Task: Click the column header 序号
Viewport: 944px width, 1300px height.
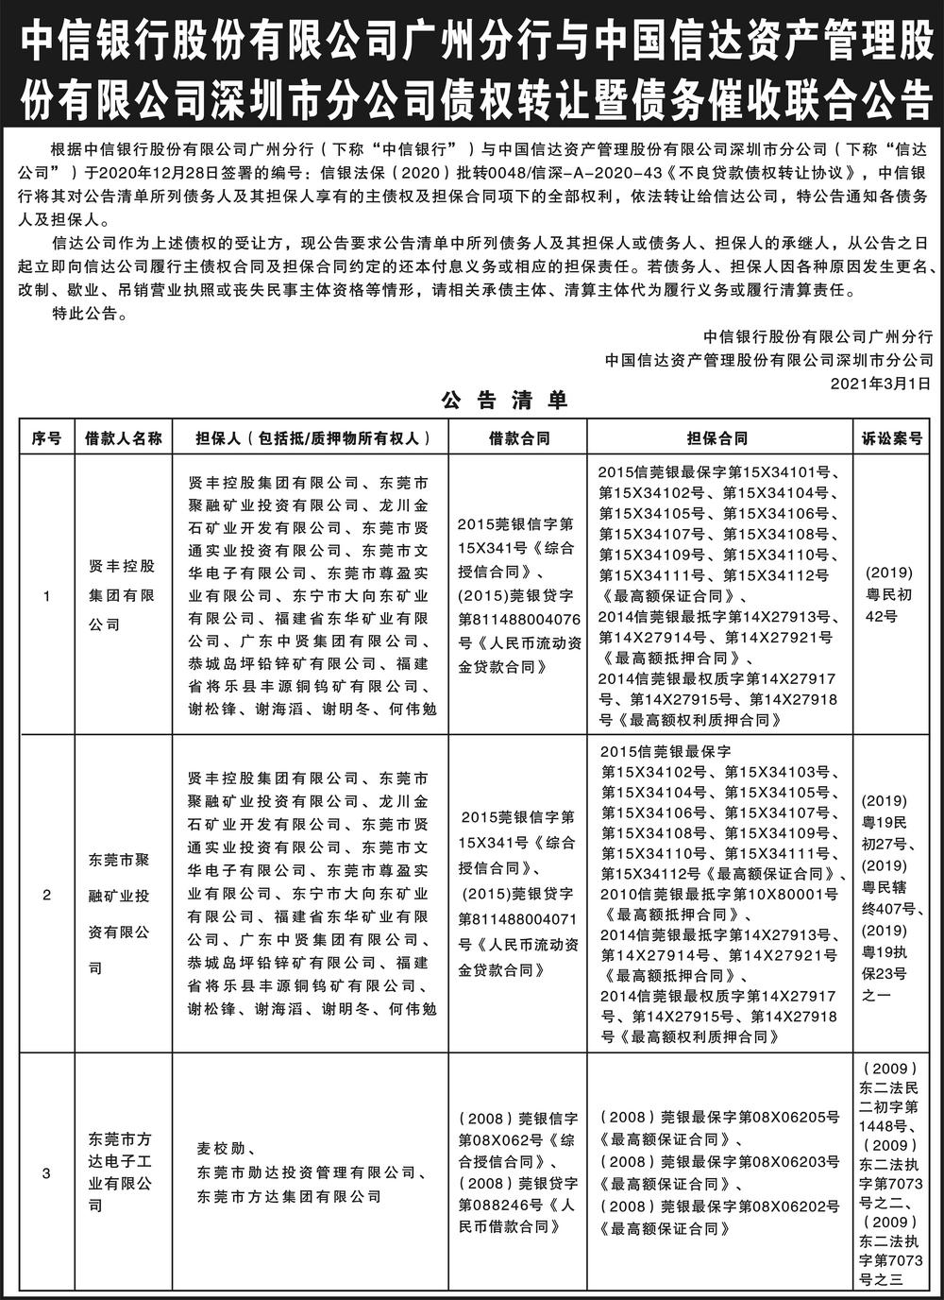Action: point(46,438)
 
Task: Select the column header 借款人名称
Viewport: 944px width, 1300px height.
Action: point(124,438)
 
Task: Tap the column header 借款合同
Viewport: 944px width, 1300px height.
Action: point(518,438)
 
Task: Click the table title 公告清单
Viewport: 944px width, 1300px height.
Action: point(504,401)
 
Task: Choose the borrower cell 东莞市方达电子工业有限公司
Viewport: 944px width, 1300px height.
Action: point(123,1172)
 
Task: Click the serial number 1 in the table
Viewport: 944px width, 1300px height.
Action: point(46,596)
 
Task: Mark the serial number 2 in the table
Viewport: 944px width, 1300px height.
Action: point(46,894)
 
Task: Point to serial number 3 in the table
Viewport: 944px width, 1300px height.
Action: point(46,1174)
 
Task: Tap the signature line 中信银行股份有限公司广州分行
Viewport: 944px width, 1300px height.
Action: point(818,336)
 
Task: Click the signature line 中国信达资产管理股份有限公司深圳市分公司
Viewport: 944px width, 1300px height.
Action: point(769,359)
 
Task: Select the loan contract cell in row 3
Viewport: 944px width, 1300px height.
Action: point(518,1172)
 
